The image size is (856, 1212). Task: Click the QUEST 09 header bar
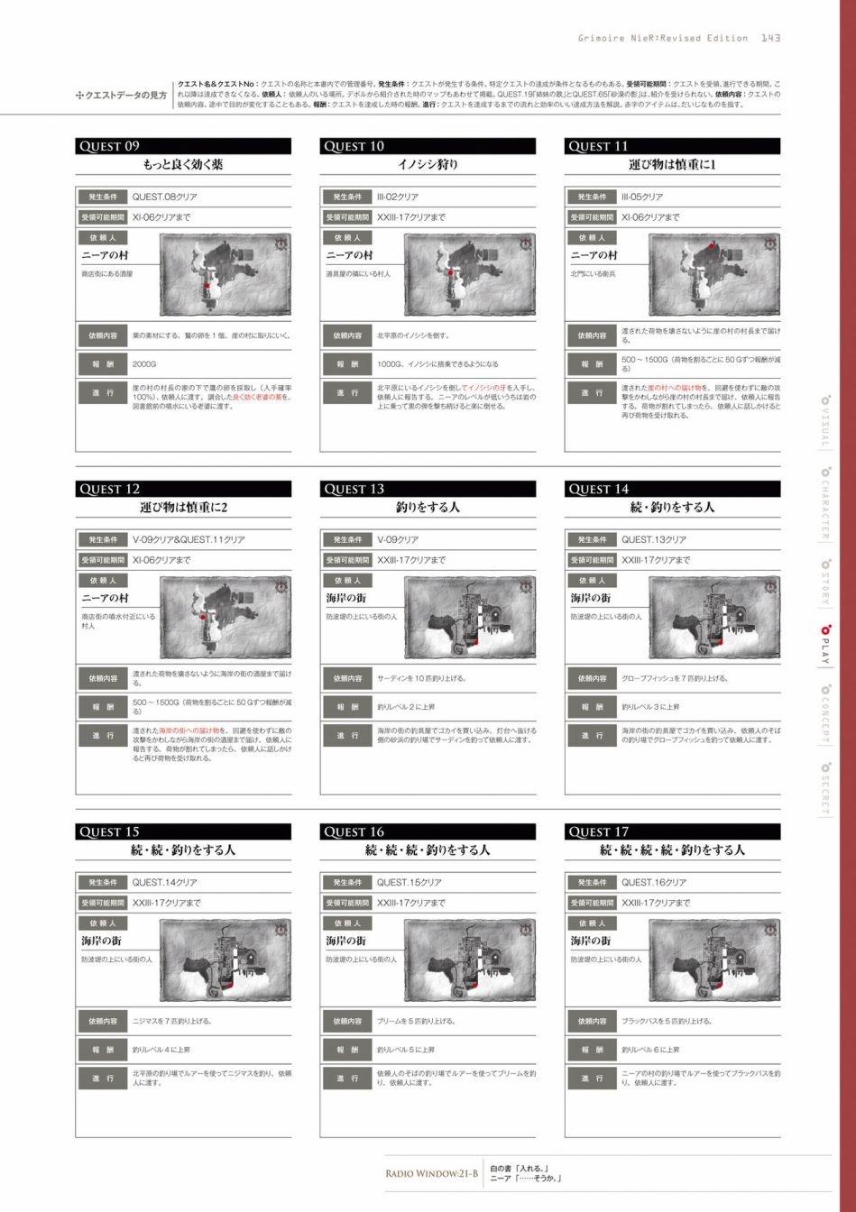click(x=183, y=146)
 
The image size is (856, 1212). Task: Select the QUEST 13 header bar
click(x=428, y=489)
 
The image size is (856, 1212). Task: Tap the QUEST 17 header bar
click(x=672, y=831)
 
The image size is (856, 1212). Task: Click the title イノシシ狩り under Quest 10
click(x=428, y=165)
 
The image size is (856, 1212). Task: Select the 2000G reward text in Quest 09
click(x=144, y=364)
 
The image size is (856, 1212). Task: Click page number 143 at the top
click(x=770, y=38)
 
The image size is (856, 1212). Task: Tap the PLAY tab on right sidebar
click(x=824, y=644)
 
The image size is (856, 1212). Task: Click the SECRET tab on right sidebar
click(x=824, y=789)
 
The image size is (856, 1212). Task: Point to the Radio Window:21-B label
click(x=431, y=1173)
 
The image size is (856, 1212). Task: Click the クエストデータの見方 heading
click(x=121, y=96)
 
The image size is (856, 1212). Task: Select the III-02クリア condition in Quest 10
click(x=398, y=197)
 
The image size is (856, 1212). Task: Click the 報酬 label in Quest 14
click(x=592, y=707)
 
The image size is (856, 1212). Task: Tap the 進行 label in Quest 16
click(x=347, y=1078)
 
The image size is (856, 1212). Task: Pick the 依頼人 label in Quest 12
click(x=103, y=581)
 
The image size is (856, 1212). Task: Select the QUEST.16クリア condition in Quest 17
click(x=653, y=882)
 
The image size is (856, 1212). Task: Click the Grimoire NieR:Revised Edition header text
click(x=663, y=38)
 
